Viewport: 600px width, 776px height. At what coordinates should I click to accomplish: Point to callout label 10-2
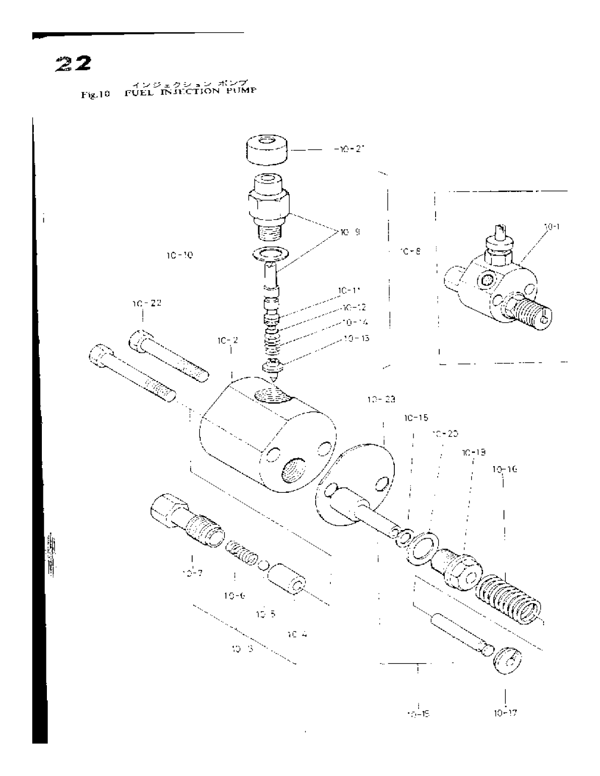(x=228, y=341)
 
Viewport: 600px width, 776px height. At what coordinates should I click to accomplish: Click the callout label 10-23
(x=381, y=400)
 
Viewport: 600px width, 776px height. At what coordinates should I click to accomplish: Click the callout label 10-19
(x=473, y=452)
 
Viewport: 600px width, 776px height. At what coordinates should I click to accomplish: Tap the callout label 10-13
(x=355, y=338)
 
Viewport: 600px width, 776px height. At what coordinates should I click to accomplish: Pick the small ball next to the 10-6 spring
(x=263, y=563)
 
